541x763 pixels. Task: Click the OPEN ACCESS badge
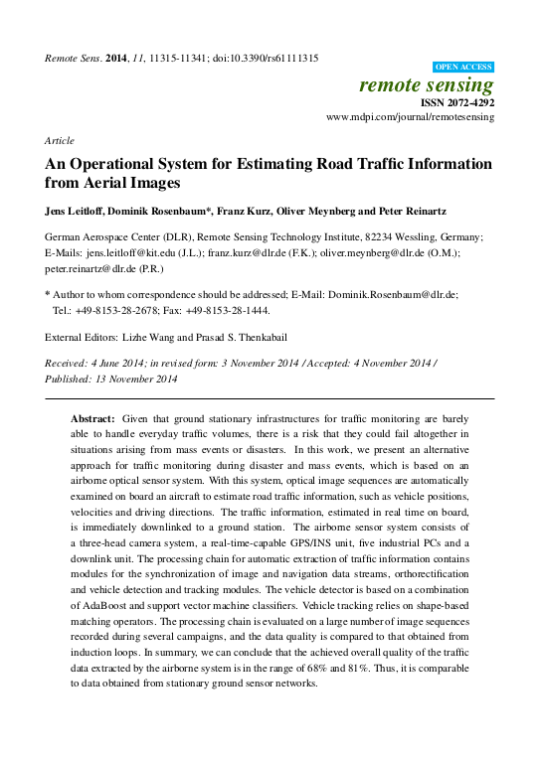pyautogui.click(x=463, y=68)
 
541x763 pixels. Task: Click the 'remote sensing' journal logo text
pyautogui.click(x=427, y=85)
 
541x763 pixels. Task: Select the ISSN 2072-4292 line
pyautogui.click(x=455, y=102)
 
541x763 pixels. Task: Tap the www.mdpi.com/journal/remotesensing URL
pyautogui.click(x=410, y=117)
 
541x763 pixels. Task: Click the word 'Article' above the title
pyautogui.click(x=60, y=141)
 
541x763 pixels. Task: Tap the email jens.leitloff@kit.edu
pyautogui.click(x=128, y=253)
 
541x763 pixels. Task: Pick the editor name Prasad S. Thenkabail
pyautogui.click(x=246, y=337)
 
